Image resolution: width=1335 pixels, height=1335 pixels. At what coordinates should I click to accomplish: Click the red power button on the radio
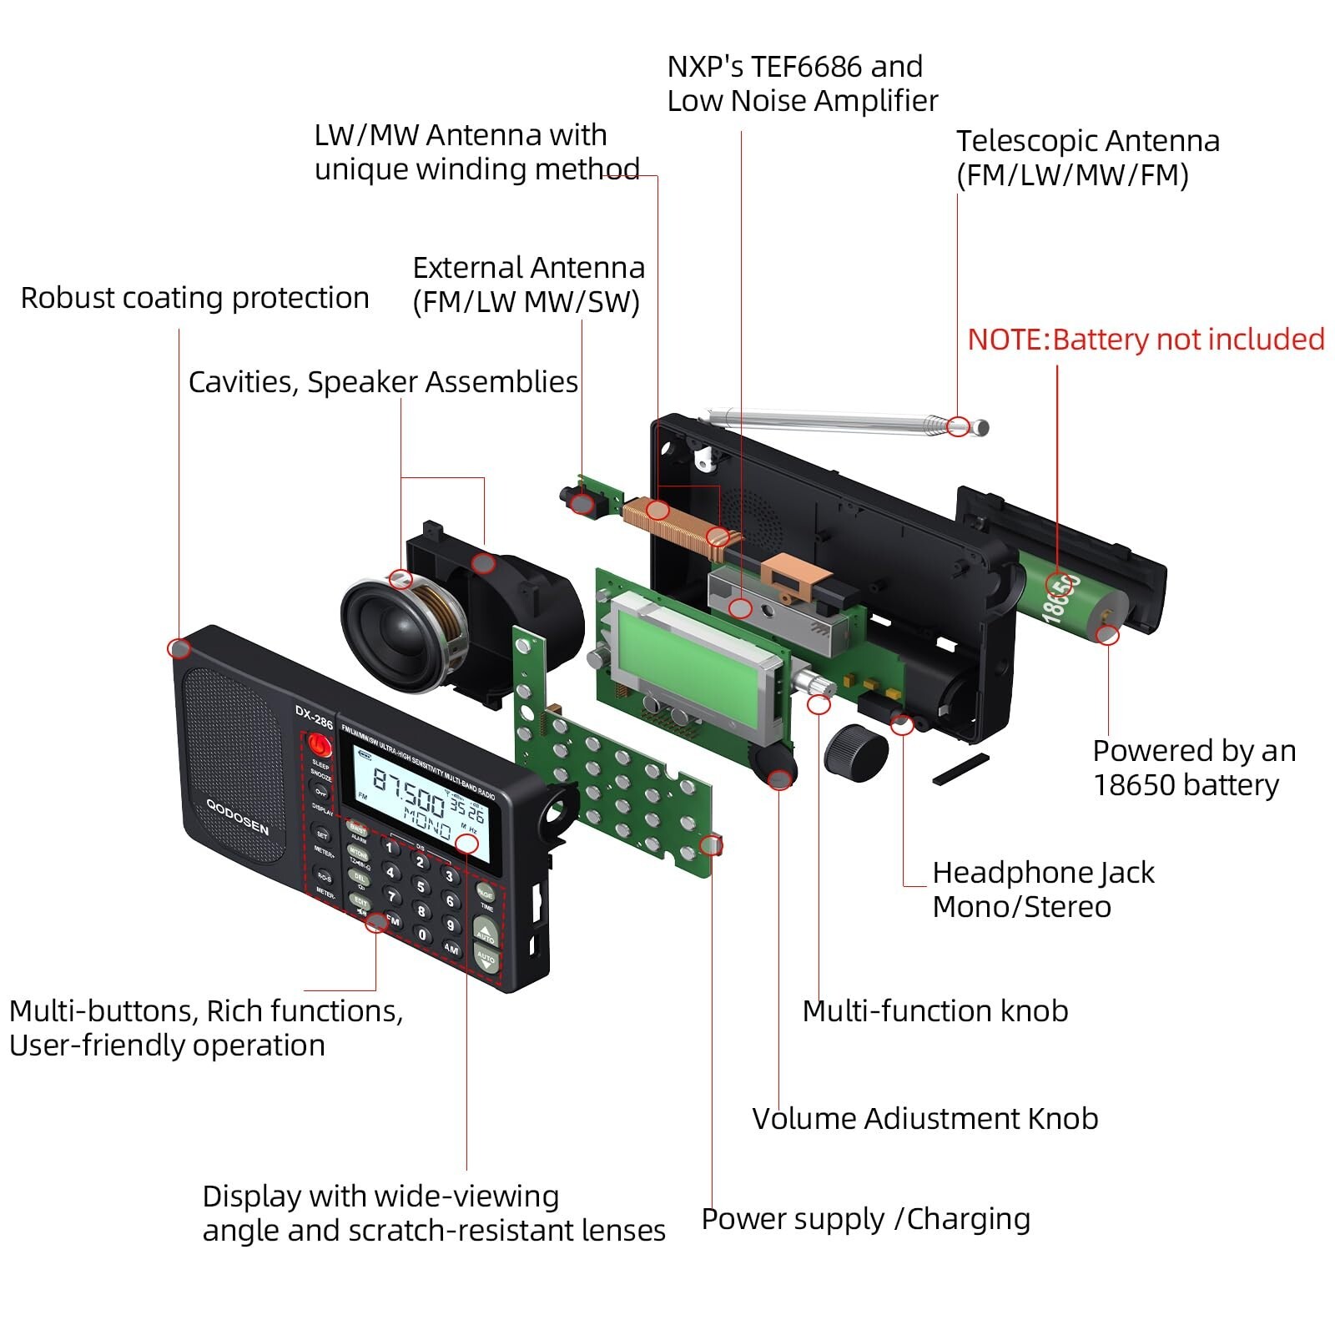319,744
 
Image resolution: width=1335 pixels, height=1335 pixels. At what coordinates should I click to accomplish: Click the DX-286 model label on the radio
314,717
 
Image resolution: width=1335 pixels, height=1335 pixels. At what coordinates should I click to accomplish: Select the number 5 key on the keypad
421,886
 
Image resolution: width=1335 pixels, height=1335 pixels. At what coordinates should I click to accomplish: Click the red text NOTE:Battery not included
1145,340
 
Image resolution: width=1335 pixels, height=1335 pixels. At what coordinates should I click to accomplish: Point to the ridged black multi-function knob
856,752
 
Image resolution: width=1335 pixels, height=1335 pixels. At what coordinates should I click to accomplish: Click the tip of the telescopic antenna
982,428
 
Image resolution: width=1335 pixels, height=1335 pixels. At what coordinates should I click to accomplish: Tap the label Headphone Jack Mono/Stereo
1043,889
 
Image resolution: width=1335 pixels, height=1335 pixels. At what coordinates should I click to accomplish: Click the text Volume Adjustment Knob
924,1119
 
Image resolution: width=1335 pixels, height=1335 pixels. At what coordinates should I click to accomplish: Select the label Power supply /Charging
865,1219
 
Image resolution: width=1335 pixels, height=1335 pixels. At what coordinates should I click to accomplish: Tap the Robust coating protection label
194,298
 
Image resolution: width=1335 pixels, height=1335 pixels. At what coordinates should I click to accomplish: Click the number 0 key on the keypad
423,935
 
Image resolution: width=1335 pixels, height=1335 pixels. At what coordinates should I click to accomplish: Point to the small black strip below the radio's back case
960,769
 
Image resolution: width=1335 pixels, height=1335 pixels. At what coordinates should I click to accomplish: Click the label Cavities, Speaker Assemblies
383,382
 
